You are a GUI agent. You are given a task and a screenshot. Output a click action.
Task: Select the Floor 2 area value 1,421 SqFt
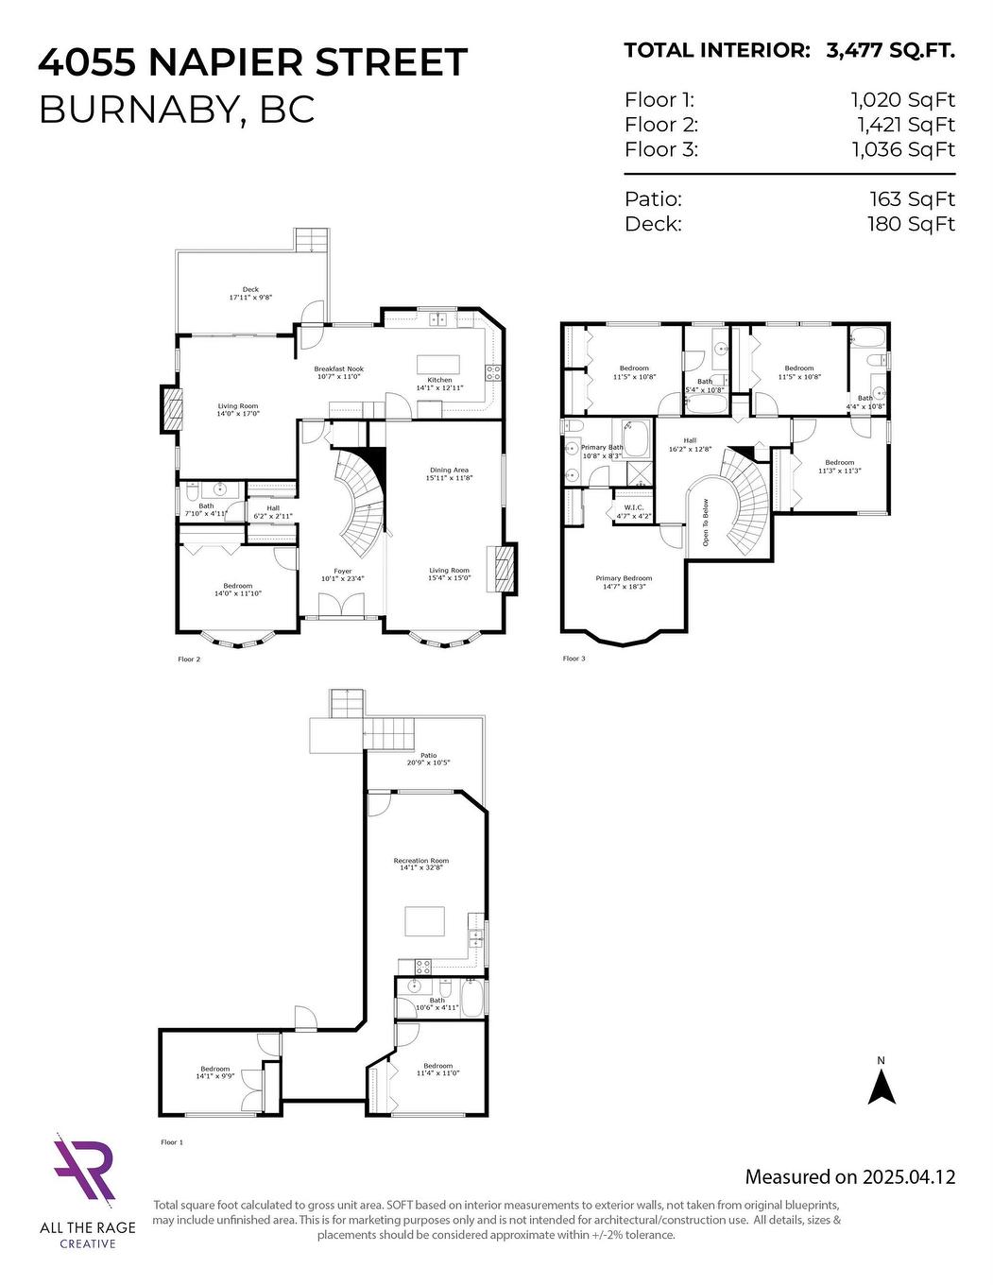(x=905, y=125)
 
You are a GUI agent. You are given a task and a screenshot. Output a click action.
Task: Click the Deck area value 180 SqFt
(x=911, y=223)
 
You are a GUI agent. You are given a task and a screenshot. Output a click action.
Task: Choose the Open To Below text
(x=704, y=523)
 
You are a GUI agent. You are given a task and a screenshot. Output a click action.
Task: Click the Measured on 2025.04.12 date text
(x=849, y=1176)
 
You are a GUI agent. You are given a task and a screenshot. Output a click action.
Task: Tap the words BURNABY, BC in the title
(x=176, y=111)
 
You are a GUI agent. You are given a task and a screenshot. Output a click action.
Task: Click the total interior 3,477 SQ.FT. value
(x=890, y=51)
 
